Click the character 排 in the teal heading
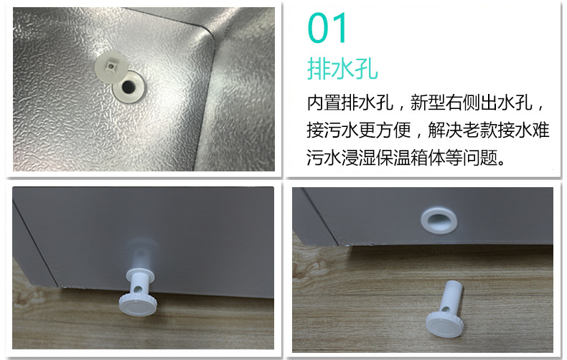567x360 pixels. pyautogui.click(x=319, y=70)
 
